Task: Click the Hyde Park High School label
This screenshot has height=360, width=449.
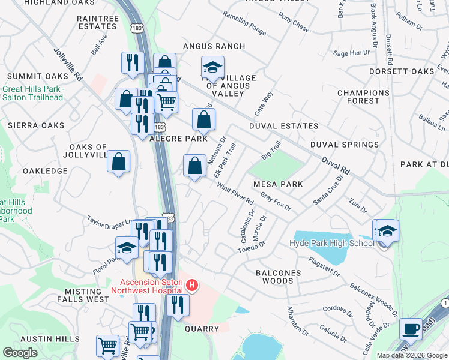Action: (332, 243)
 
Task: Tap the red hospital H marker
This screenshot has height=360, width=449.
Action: (192, 285)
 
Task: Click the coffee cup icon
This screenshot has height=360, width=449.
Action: (411, 329)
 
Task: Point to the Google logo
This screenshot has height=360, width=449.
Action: (20, 353)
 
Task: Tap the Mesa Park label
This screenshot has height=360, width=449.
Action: (278, 184)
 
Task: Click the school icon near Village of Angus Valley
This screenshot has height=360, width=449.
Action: (212, 69)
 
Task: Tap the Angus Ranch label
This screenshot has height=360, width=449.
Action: (214, 46)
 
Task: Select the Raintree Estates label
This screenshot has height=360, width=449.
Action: (98, 23)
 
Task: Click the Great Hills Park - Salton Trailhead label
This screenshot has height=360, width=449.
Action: (32, 93)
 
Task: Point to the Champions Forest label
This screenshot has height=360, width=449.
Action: (363, 97)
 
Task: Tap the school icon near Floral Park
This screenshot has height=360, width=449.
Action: (127, 248)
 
